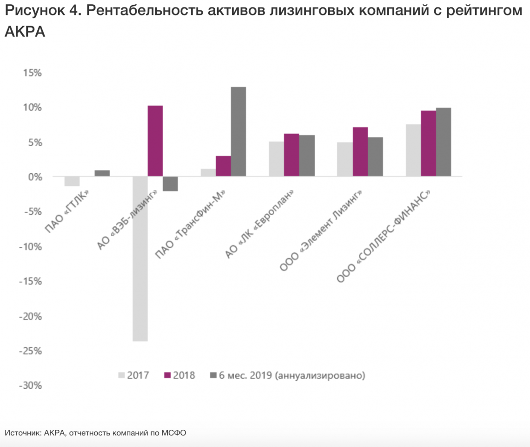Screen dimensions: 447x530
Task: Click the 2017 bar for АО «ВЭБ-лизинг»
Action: pyautogui.click(x=140, y=258)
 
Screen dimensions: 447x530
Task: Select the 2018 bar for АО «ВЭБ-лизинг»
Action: pyautogui.click(x=155, y=141)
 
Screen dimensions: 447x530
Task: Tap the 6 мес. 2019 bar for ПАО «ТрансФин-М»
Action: pyautogui.click(x=238, y=132)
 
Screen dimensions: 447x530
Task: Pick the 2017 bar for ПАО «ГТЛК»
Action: pyautogui.click(x=72, y=181)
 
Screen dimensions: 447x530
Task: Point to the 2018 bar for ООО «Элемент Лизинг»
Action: pyautogui.click(x=360, y=152)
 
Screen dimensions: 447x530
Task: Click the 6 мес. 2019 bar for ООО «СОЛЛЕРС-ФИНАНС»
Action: pyautogui.click(x=444, y=142)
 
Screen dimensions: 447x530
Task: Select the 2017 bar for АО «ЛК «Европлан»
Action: pyautogui.click(x=277, y=159)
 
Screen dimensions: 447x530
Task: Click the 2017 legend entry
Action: pyautogui.click(x=133, y=375)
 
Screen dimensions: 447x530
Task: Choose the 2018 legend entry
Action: pyautogui.click(x=179, y=375)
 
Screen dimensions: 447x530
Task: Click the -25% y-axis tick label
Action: pyautogui.click(x=31, y=351)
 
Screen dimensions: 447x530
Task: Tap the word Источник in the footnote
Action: pyautogui.click(x=23, y=433)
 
